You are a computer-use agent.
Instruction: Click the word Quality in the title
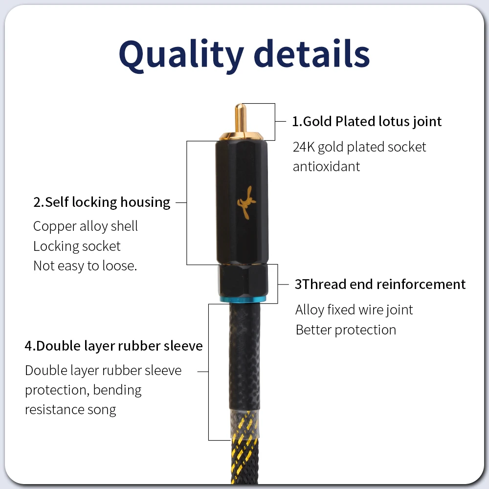click(181, 55)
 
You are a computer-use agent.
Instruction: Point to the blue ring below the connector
click(244, 299)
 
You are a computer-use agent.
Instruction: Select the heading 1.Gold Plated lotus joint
click(367, 121)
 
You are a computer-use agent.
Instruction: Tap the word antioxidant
click(326, 166)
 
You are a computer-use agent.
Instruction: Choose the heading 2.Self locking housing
click(102, 202)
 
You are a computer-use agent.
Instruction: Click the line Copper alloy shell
click(86, 226)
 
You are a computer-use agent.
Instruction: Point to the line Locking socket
click(77, 246)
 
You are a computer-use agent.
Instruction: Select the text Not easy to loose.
click(85, 266)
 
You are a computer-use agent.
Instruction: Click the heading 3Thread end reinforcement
click(380, 284)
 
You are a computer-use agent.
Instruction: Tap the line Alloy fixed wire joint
click(354, 310)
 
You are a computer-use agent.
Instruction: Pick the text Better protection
click(346, 330)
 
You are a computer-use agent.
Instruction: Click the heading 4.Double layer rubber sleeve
click(113, 346)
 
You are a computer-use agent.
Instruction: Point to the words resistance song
click(70, 409)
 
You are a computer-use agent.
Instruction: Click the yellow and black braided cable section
click(244, 460)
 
